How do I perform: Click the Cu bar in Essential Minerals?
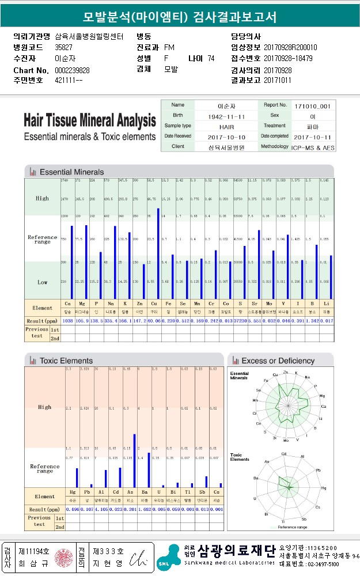158,253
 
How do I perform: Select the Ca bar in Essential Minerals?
71,262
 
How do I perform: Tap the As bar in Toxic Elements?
135,461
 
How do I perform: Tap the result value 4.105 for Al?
102,510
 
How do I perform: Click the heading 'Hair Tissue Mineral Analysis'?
90,121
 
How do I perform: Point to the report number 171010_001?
312,106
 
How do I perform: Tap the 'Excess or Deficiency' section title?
278,361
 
